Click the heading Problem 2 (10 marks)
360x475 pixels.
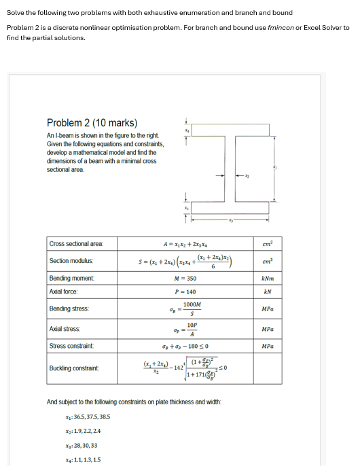(92, 123)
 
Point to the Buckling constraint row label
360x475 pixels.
(73, 369)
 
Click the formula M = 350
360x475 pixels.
(185, 279)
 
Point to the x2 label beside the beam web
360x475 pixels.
(248, 175)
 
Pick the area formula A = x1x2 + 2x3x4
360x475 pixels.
(185, 243)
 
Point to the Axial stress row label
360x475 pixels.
(65, 328)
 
